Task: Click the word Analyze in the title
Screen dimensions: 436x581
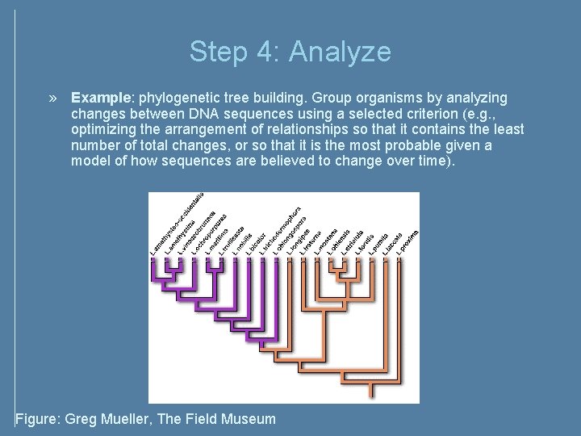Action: coord(340,52)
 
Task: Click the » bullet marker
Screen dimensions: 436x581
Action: coord(53,98)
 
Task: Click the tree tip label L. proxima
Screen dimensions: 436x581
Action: coord(406,239)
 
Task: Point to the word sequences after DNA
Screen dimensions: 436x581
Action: coord(259,114)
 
